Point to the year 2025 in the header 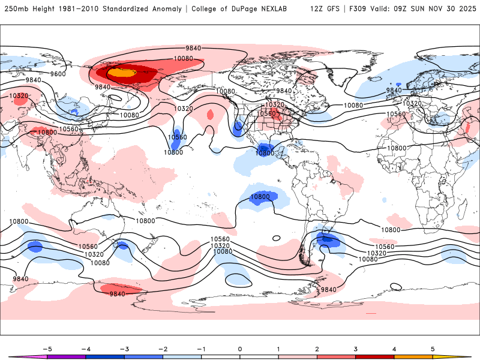465,9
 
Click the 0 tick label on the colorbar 240,348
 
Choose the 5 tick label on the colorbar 433,348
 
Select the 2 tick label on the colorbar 317,348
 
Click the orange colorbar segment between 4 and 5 413,357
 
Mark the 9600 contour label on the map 58,74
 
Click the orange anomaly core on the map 122,73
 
